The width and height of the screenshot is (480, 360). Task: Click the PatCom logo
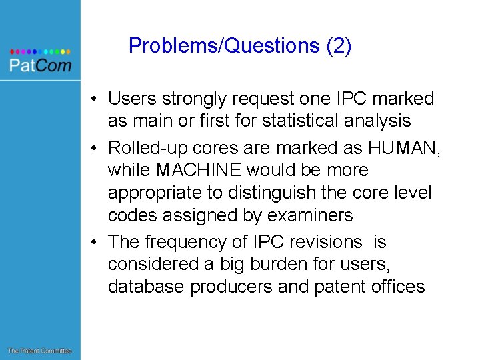point(39,61)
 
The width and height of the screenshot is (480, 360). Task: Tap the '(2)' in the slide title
point(338,46)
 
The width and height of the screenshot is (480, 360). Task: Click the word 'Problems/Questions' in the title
point(224,46)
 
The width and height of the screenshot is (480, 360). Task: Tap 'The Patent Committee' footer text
point(39,351)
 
